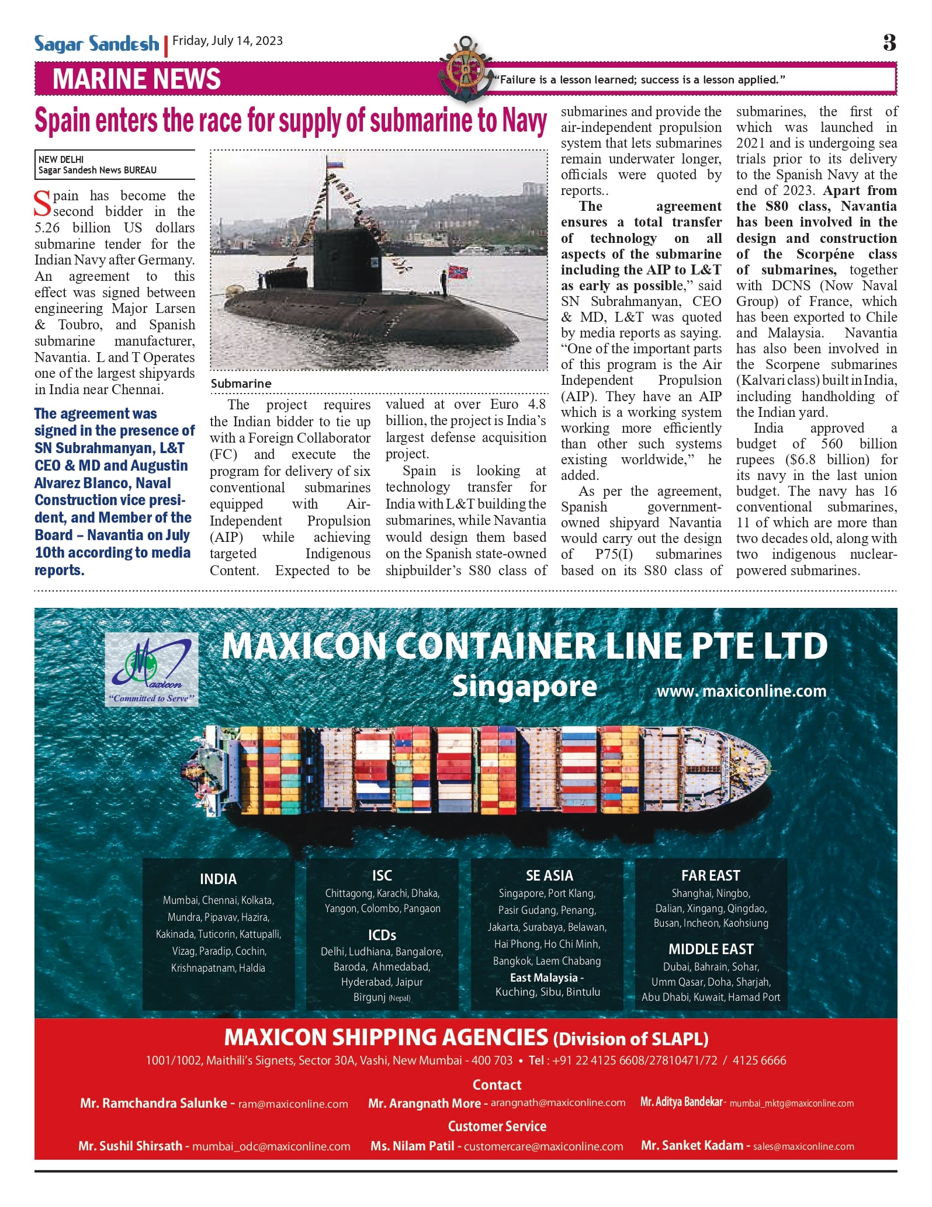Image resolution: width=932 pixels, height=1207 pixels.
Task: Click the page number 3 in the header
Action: click(x=889, y=43)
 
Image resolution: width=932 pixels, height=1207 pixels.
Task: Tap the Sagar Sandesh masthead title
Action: click(x=96, y=44)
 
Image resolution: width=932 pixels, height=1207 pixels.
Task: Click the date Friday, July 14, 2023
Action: click(x=227, y=41)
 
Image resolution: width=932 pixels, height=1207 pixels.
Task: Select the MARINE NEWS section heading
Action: click(x=136, y=79)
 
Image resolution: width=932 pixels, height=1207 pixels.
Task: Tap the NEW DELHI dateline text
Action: click(x=61, y=159)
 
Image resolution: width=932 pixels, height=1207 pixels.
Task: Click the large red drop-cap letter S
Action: click(x=43, y=204)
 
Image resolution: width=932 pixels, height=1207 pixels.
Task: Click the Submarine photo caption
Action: click(x=241, y=384)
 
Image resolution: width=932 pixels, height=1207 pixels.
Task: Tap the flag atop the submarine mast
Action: click(x=335, y=165)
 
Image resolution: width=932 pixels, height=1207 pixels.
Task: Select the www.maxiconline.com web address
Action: click(x=742, y=691)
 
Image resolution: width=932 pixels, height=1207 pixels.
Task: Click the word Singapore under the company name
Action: click(x=524, y=687)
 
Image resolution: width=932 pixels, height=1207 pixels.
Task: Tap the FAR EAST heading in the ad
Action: click(x=711, y=876)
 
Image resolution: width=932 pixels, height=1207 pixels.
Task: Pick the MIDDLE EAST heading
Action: click(x=711, y=949)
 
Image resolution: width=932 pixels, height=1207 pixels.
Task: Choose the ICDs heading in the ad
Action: click(x=382, y=935)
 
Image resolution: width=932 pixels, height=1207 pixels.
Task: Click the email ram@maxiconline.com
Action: click(x=293, y=1104)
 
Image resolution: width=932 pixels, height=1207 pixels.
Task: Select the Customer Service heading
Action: click(x=497, y=1126)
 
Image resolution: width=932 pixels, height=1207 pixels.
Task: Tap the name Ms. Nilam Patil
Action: click(x=412, y=1146)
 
